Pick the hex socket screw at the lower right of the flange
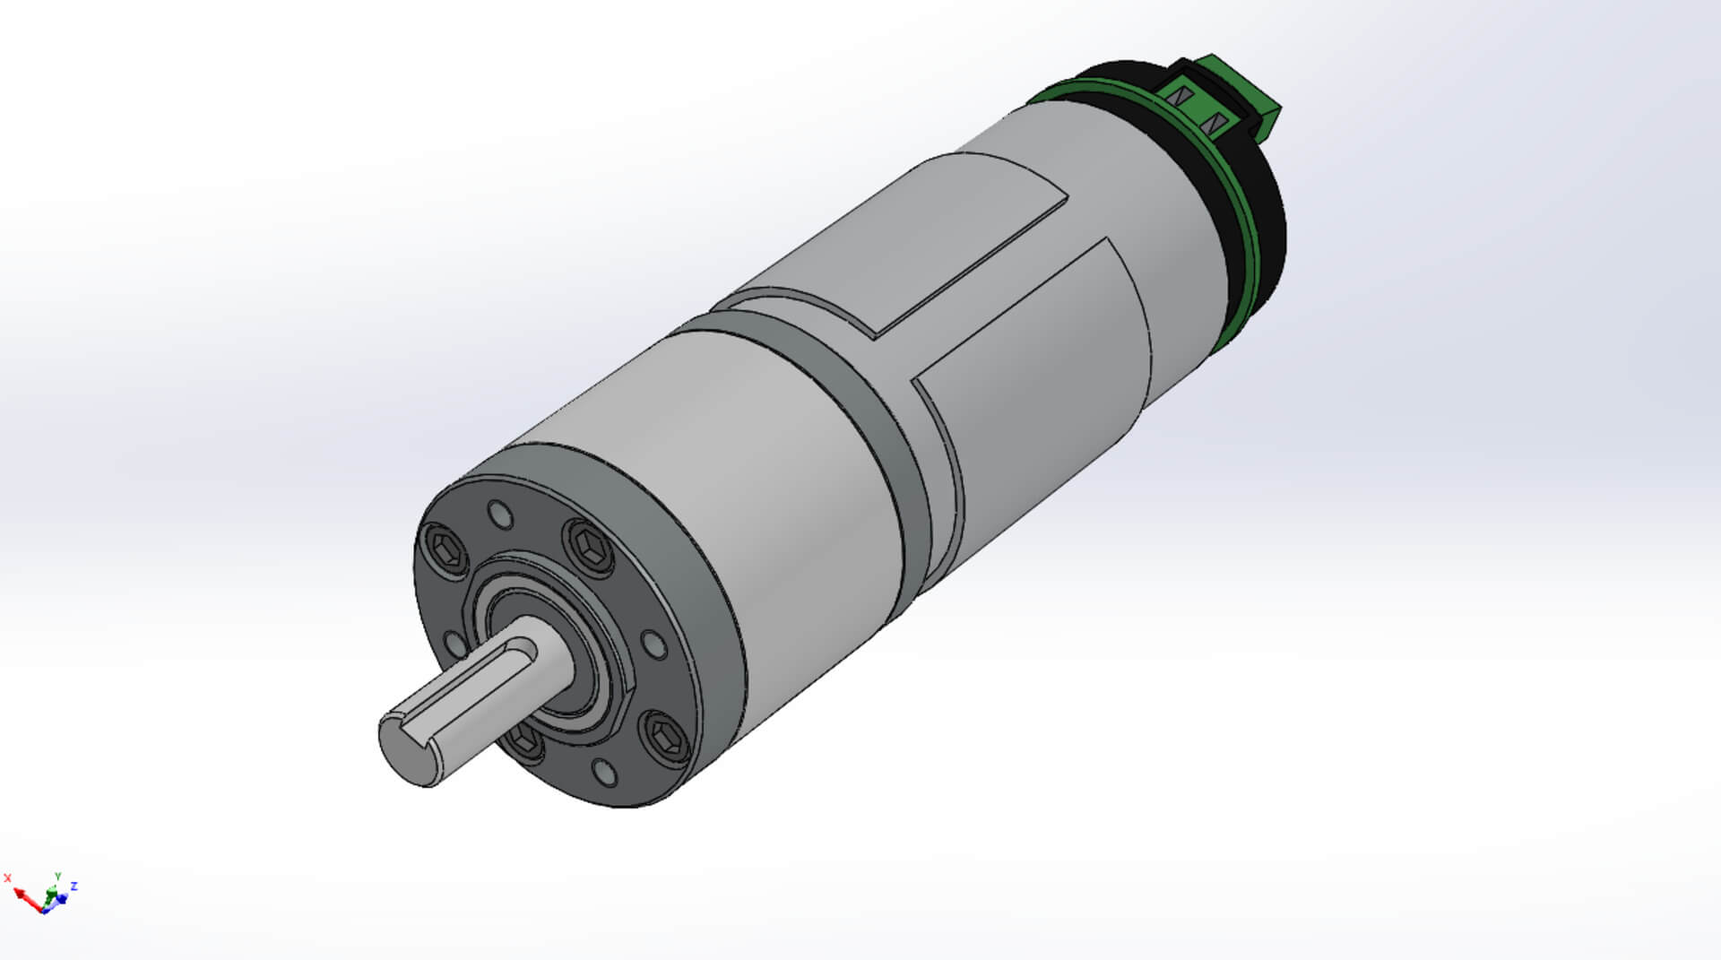(x=667, y=737)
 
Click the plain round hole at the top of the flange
(x=500, y=515)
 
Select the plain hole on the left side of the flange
(x=454, y=643)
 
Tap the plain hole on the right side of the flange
(x=653, y=644)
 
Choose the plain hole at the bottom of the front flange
(x=605, y=772)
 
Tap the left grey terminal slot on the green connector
(x=1180, y=96)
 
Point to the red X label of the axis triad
(x=8, y=878)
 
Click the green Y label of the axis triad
(x=58, y=876)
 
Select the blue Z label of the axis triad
(x=74, y=886)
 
